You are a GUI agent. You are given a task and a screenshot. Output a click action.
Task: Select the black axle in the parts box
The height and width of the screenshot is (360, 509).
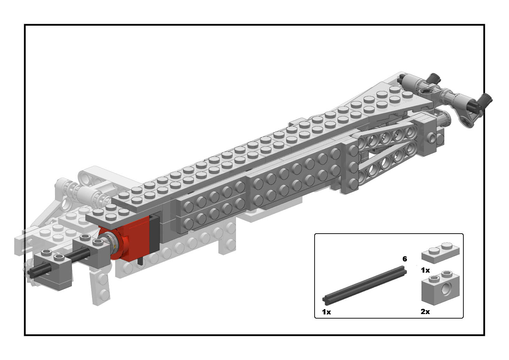(364, 285)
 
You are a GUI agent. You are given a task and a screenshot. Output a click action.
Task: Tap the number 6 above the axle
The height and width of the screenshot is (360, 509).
(405, 259)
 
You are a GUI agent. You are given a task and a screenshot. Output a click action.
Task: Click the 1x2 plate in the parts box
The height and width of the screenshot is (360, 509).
(440, 253)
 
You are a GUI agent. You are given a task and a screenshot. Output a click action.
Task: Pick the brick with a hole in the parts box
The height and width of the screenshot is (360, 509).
(440, 288)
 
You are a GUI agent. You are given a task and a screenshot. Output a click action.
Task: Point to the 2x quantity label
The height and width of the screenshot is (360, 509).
(425, 312)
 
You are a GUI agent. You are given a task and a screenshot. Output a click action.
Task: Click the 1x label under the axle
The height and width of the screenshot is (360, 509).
(326, 312)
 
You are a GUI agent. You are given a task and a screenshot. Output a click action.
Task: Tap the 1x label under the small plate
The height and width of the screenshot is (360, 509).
(425, 270)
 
